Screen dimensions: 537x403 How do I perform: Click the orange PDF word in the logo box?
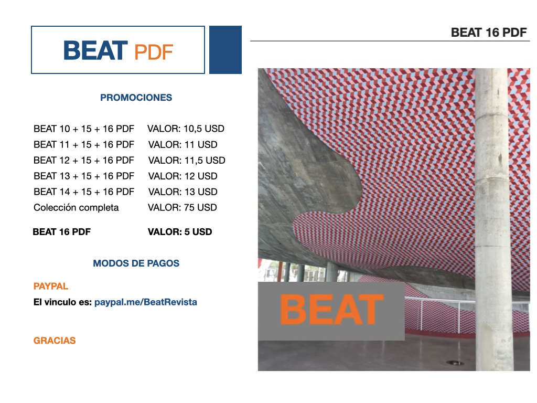pyautogui.click(x=154, y=52)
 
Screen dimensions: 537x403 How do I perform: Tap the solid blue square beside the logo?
pyautogui.click(x=225, y=50)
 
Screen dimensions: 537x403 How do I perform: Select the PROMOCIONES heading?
pyautogui.click(x=136, y=98)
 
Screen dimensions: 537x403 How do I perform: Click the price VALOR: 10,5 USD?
pyautogui.click(x=186, y=129)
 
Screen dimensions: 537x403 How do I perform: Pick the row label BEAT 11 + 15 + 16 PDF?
pyautogui.click(x=84, y=145)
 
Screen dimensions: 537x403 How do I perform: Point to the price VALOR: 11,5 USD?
pyautogui.click(x=187, y=161)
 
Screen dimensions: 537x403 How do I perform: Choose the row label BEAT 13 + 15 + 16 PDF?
pyautogui.click(x=84, y=176)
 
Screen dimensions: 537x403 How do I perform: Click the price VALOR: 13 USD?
pyautogui.click(x=183, y=192)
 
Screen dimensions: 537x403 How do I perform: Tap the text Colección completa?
pyautogui.click(x=76, y=208)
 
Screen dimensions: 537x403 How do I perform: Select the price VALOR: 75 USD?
pyautogui.click(x=182, y=208)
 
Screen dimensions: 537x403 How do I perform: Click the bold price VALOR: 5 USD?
pyautogui.click(x=180, y=232)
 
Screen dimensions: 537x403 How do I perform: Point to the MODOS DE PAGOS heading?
pyautogui.click(x=136, y=263)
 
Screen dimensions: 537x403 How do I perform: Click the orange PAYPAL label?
pyautogui.click(x=51, y=286)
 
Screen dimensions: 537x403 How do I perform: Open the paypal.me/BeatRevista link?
pyautogui.click(x=146, y=302)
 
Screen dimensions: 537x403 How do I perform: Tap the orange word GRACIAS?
pyautogui.click(x=55, y=341)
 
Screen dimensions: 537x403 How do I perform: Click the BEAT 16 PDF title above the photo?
pyautogui.click(x=489, y=33)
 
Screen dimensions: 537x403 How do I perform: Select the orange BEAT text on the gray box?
pyautogui.click(x=331, y=310)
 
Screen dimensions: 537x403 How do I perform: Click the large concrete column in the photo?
pyautogui.click(x=493, y=219)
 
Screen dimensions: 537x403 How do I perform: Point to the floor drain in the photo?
pyautogui.click(x=455, y=363)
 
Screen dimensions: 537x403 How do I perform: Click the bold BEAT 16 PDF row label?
pyautogui.click(x=62, y=232)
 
